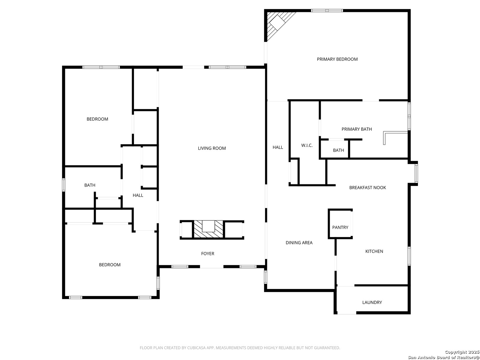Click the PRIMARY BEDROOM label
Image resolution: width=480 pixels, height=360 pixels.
pyautogui.click(x=337, y=59)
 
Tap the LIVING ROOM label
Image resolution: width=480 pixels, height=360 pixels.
pyautogui.click(x=212, y=148)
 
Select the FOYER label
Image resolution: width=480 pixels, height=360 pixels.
pyautogui.click(x=208, y=254)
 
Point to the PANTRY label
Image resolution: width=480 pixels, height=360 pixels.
pyautogui.click(x=340, y=227)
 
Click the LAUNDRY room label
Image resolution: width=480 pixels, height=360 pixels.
pyautogui.click(x=372, y=302)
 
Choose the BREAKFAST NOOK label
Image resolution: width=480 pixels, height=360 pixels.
pyautogui.click(x=367, y=188)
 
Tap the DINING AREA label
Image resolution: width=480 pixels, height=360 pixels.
pyautogui.click(x=299, y=243)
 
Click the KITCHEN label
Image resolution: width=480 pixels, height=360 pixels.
pyautogui.click(x=374, y=251)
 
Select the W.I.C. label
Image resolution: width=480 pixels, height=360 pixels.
pyautogui.click(x=307, y=145)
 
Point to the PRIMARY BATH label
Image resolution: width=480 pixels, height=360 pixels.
pyautogui.click(x=357, y=129)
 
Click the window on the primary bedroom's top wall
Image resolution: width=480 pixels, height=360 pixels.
pyautogui.click(x=327, y=10)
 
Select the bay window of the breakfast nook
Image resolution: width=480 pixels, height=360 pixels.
pyautogui.click(x=416, y=173)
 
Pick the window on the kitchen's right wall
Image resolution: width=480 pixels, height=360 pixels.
pyautogui.click(x=409, y=256)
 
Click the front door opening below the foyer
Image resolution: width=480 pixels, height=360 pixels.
pyautogui.click(x=212, y=267)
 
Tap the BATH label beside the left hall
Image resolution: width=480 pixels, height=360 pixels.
pyautogui.click(x=90, y=185)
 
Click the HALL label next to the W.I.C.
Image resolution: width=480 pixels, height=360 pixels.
pyautogui.click(x=278, y=147)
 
